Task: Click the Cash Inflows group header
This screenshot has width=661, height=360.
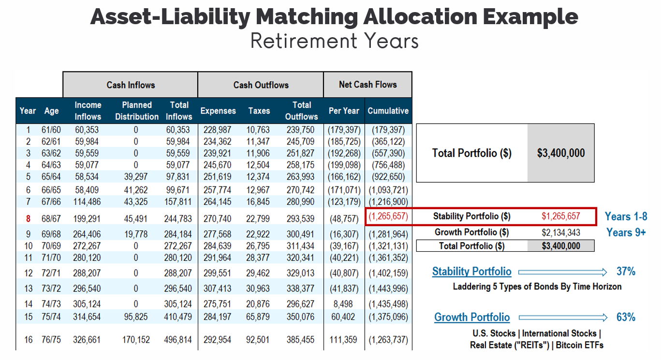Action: click(x=131, y=85)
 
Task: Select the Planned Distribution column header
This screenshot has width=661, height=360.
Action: click(x=136, y=111)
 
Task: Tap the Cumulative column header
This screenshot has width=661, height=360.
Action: click(x=388, y=111)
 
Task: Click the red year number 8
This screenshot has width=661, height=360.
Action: click(x=28, y=219)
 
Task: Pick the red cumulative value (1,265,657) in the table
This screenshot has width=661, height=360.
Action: click(x=388, y=216)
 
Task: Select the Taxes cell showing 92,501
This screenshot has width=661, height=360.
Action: click(x=259, y=340)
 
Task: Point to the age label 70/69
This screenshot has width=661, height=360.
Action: click(x=51, y=246)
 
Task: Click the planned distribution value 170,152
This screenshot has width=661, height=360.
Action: click(x=136, y=340)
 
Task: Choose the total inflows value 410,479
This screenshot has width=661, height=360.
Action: click(x=178, y=317)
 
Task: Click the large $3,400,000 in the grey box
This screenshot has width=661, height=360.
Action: click(x=561, y=153)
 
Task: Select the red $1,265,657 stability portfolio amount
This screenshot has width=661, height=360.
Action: click(x=561, y=216)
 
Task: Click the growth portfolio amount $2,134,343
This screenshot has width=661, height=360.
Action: click(x=561, y=232)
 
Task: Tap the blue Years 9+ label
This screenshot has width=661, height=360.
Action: click(x=626, y=232)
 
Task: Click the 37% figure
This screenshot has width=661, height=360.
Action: click(x=626, y=272)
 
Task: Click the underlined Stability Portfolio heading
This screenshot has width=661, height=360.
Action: click(x=471, y=272)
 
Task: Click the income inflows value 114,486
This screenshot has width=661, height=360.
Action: click(x=88, y=202)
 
